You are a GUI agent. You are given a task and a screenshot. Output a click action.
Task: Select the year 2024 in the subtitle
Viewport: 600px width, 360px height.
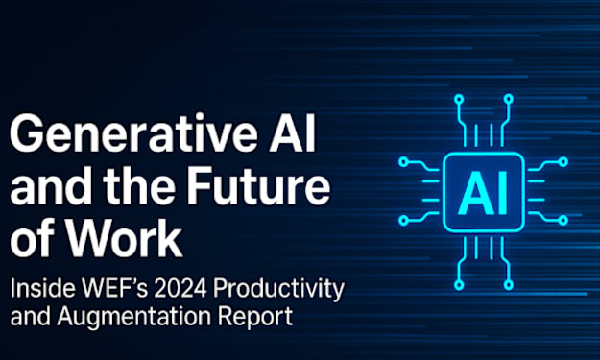pos(180,288)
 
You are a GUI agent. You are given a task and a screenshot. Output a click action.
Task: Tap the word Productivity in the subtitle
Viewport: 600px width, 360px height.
pos(279,289)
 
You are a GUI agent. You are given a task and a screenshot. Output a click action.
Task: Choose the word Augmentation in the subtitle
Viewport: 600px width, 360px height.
pos(134,317)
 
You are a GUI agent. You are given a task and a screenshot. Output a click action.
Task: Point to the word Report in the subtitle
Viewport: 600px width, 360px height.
pos(255,317)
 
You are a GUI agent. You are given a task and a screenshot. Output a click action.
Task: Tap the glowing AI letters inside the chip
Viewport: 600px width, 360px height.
pos(483,192)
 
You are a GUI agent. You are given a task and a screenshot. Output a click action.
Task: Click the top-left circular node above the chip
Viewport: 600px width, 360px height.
pos(459,100)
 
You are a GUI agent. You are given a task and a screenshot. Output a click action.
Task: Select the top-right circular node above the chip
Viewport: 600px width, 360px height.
pos(508,100)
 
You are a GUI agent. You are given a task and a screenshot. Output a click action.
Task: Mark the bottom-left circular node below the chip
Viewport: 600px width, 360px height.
pos(459,285)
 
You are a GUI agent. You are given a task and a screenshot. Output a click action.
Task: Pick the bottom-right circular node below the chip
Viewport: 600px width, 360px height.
pos(508,285)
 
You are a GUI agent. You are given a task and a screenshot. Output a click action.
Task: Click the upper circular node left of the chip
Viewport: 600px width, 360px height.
pos(404,162)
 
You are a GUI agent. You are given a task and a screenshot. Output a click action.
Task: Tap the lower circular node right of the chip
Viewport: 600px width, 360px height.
pos(563,221)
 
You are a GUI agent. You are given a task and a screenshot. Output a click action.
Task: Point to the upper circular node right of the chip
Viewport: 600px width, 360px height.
pos(563,162)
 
